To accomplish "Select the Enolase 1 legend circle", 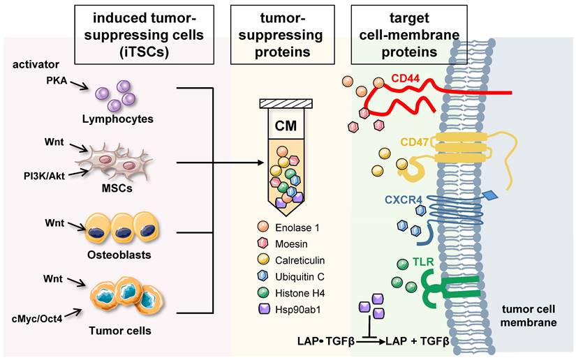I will (263, 228).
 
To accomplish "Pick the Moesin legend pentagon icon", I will (263, 243).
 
